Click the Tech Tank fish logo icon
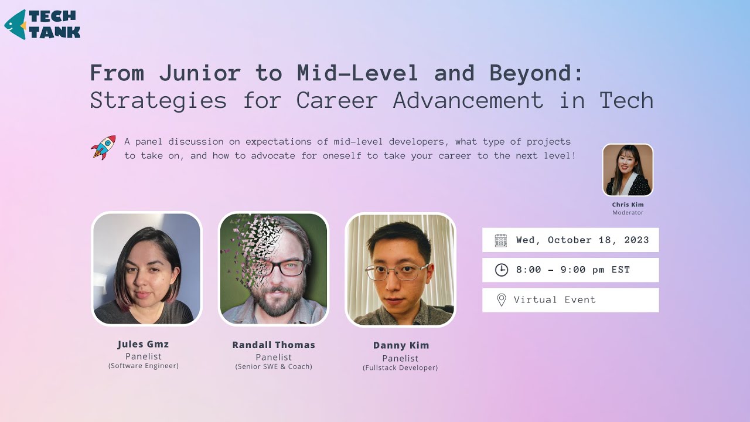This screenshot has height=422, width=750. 15,25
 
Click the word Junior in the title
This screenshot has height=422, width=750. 200,73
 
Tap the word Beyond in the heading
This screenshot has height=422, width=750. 536,73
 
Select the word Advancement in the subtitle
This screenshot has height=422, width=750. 468,101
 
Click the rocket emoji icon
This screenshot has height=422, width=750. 103,148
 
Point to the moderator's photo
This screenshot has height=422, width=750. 628,170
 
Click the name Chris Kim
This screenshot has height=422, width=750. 628,205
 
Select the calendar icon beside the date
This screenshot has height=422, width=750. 501,240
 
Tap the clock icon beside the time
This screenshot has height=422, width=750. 502,270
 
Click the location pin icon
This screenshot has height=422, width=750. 502,300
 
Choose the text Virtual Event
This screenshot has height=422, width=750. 555,300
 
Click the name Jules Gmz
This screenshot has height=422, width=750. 143,344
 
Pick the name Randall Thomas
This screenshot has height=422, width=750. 274,345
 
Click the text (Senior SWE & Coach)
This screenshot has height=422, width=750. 274,367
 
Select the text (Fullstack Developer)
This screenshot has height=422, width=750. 400,368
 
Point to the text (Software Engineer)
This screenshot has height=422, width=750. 144,366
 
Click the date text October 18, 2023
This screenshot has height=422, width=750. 598,240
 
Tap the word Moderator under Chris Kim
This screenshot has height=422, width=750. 628,213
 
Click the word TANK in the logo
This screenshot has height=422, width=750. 54,32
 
